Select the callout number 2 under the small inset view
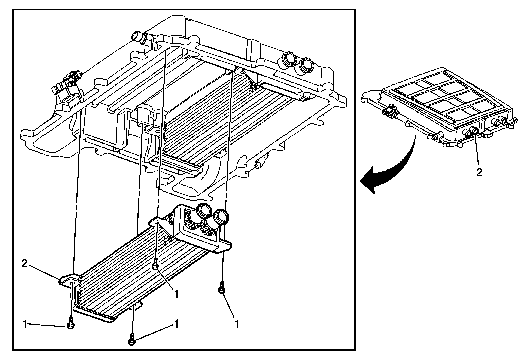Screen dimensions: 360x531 coord(479,173)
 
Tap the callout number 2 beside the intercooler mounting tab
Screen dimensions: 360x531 coord(24,264)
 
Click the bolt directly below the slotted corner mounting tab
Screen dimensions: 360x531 coord(70,324)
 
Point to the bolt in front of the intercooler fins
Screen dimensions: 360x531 coord(155,265)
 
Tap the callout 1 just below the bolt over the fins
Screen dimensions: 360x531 coord(177,294)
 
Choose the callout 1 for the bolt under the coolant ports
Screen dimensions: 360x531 coord(237,324)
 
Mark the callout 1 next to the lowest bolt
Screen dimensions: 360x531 coord(176,324)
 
